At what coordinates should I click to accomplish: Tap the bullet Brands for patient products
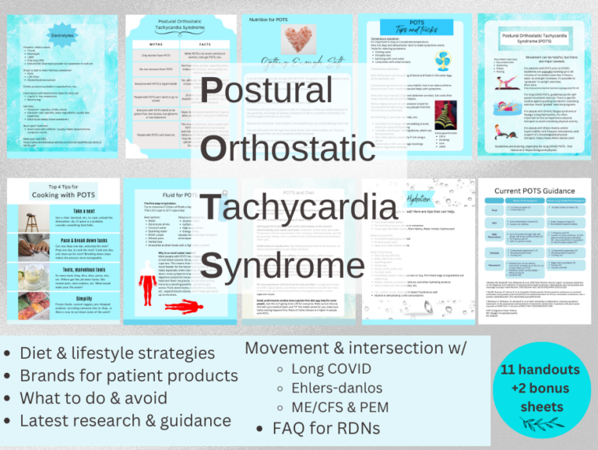click(x=129, y=375)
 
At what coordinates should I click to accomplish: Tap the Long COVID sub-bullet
click(x=334, y=367)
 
